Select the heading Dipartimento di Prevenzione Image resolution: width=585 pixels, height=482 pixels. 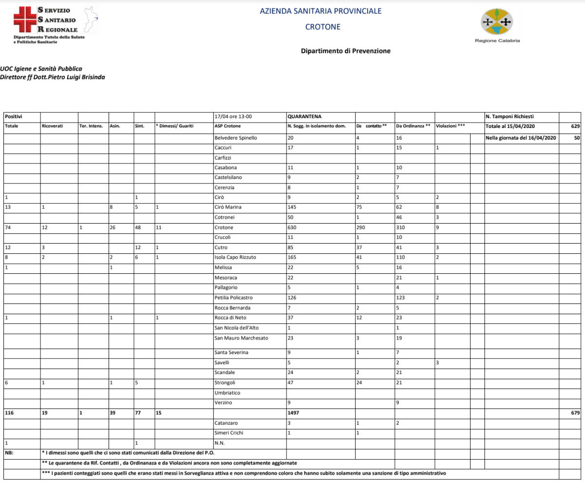click(x=345, y=51)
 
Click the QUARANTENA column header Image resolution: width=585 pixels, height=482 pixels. click(x=304, y=117)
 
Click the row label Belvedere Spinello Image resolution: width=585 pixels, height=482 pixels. click(x=236, y=138)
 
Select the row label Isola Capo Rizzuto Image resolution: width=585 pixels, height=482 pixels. click(x=235, y=258)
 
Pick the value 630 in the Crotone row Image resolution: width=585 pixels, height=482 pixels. click(x=293, y=228)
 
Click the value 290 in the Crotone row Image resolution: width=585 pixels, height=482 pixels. click(x=362, y=228)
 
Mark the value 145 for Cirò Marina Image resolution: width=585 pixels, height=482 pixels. click(x=293, y=208)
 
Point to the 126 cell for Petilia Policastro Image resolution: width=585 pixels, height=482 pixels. click(x=293, y=298)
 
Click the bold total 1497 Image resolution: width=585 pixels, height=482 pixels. click(x=294, y=412)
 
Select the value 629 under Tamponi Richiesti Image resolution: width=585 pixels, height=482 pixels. click(x=575, y=126)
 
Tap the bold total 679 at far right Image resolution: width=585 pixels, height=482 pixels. click(x=575, y=412)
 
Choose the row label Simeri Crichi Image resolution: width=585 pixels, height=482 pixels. click(x=229, y=433)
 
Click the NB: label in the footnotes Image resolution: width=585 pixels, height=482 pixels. click(x=10, y=453)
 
